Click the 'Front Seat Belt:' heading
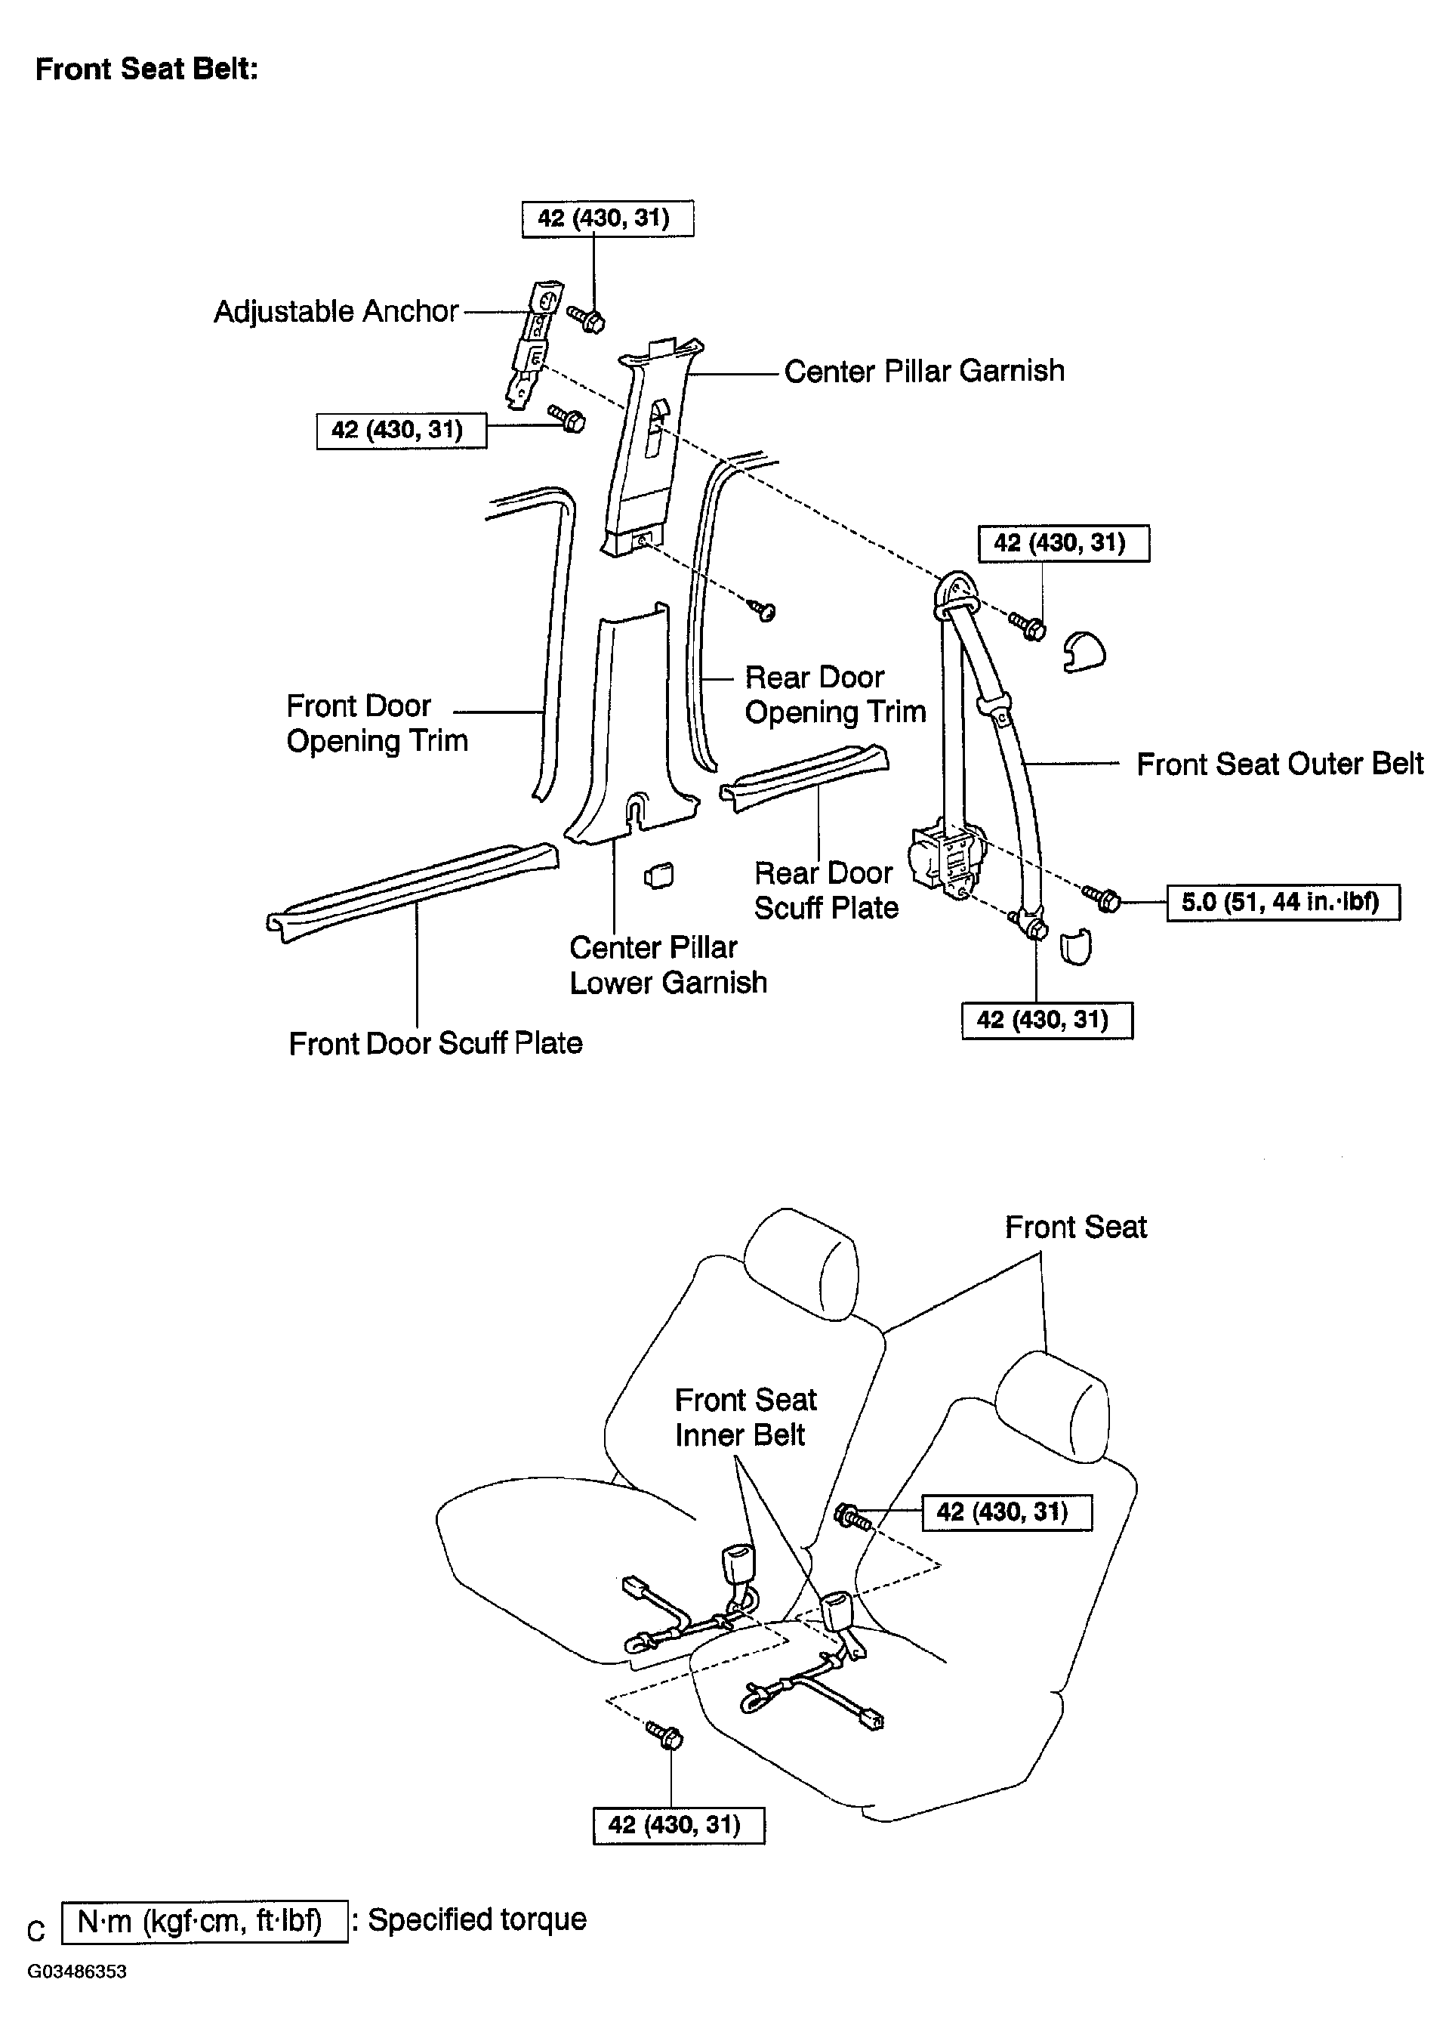pyautogui.click(x=146, y=69)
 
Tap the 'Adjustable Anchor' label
pyautogui.click(x=335, y=311)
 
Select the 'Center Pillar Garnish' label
pyautogui.click(x=923, y=371)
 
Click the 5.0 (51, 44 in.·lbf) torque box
pyautogui.click(x=1282, y=902)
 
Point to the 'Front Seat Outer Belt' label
pyautogui.click(x=1279, y=764)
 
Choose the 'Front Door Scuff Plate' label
pyautogui.click(x=436, y=1043)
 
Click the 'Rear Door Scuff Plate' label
pyautogui.click(x=825, y=890)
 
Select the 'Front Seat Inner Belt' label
pyautogui.click(x=744, y=1417)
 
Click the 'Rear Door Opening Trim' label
pyautogui.click(x=835, y=694)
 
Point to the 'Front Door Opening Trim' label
pyautogui.click(x=377, y=723)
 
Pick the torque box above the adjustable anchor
pyautogui.click(x=607, y=219)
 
